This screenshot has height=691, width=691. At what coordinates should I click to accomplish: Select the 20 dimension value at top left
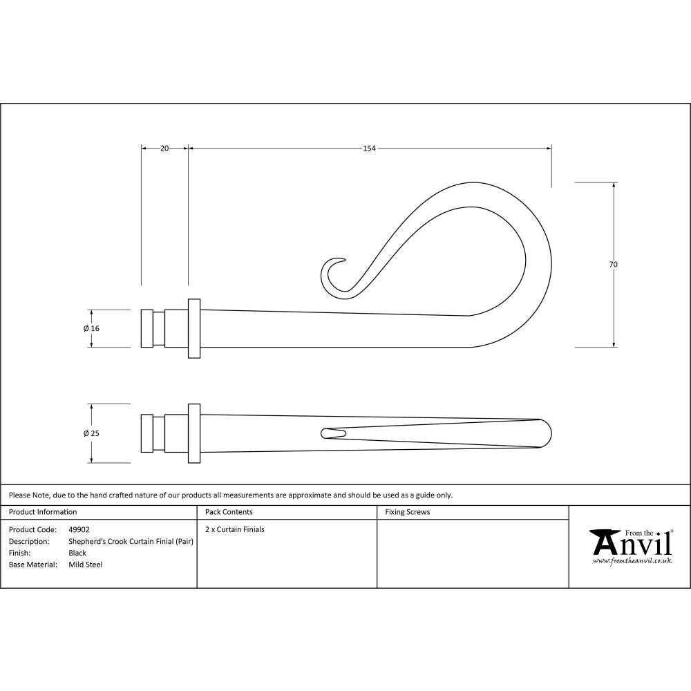164,148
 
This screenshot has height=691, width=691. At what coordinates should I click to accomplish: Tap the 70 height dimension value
614,265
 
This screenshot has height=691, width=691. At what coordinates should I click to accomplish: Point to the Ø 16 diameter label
91,328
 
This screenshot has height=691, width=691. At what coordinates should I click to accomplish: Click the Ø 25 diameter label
91,433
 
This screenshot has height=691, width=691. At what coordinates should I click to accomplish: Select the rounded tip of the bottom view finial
544,433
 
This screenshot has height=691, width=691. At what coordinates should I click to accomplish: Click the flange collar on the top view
194,328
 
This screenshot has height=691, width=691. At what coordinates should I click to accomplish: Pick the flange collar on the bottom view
194,433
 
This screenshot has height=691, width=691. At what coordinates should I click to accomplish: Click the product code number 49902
79,529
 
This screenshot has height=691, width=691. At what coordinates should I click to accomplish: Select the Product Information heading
43,512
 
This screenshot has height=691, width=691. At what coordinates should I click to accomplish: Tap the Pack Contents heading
229,512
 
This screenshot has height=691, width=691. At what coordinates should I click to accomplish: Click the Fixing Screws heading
408,512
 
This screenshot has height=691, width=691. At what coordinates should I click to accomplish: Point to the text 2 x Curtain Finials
235,529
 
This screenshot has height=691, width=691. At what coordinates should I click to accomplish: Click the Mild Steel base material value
86,565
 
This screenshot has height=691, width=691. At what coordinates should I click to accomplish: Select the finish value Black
77,553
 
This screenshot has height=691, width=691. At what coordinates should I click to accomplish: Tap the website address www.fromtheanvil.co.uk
632,561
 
